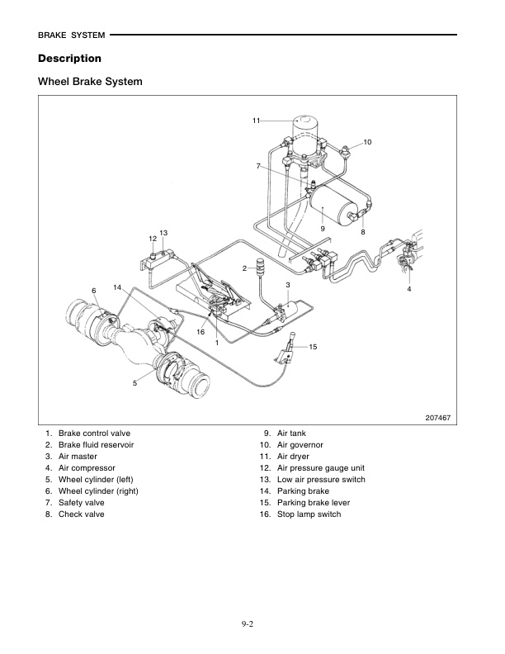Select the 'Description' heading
click(x=69, y=59)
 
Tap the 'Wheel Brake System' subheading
click(x=90, y=83)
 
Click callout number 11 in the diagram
click(x=257, y=121)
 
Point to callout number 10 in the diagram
click(x=367, y=143)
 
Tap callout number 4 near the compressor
click(x=408, y=289)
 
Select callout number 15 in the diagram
click(x=313, y=348)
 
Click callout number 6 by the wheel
click(x=94, y=291)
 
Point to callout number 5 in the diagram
click(x=135, y=383)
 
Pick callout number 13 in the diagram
click(x=163, y=233)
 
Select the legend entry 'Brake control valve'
click(x=94, y=434)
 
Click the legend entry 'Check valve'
click(x=81, y=514)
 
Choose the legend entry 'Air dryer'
click(x=294, y=457)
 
